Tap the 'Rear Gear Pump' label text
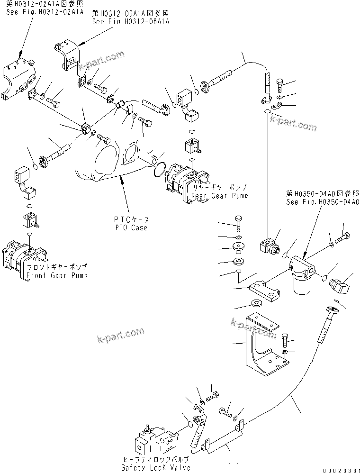[x=219, y=196]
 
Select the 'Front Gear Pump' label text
[x=56, y=275]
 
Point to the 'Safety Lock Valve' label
[x=156, y=467]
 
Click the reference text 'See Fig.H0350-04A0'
[x=323, y=201]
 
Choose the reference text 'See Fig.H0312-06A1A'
[x=130, y=22]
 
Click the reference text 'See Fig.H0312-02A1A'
[x=45, y=11]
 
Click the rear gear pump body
[x=182, y=182]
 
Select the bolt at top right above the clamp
[x=278, y=87]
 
